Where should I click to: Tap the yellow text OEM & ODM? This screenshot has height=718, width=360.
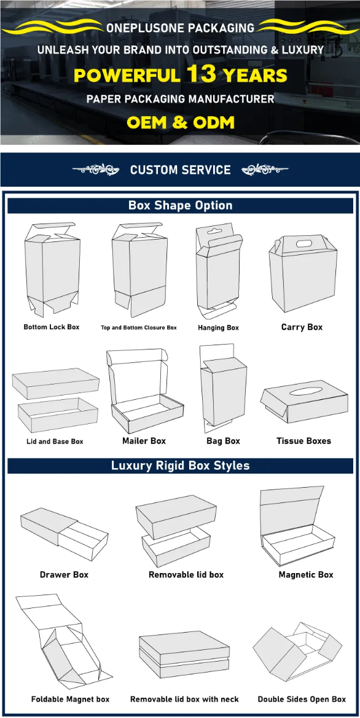181,122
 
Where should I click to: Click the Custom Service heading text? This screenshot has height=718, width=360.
181,170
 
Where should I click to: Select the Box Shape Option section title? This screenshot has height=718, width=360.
181,205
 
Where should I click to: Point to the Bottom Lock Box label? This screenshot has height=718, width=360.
52,327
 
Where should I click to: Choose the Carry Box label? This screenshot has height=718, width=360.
302,327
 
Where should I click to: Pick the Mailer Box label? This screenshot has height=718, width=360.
144,441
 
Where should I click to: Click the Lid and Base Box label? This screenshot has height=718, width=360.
55,442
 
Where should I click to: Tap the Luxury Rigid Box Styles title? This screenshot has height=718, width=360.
181,466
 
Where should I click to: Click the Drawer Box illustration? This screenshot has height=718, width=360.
64,533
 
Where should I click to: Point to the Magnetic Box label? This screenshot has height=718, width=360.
306,575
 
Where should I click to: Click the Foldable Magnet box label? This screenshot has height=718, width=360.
71,699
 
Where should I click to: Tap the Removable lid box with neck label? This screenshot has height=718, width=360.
184,699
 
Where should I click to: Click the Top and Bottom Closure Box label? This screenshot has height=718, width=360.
139,328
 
